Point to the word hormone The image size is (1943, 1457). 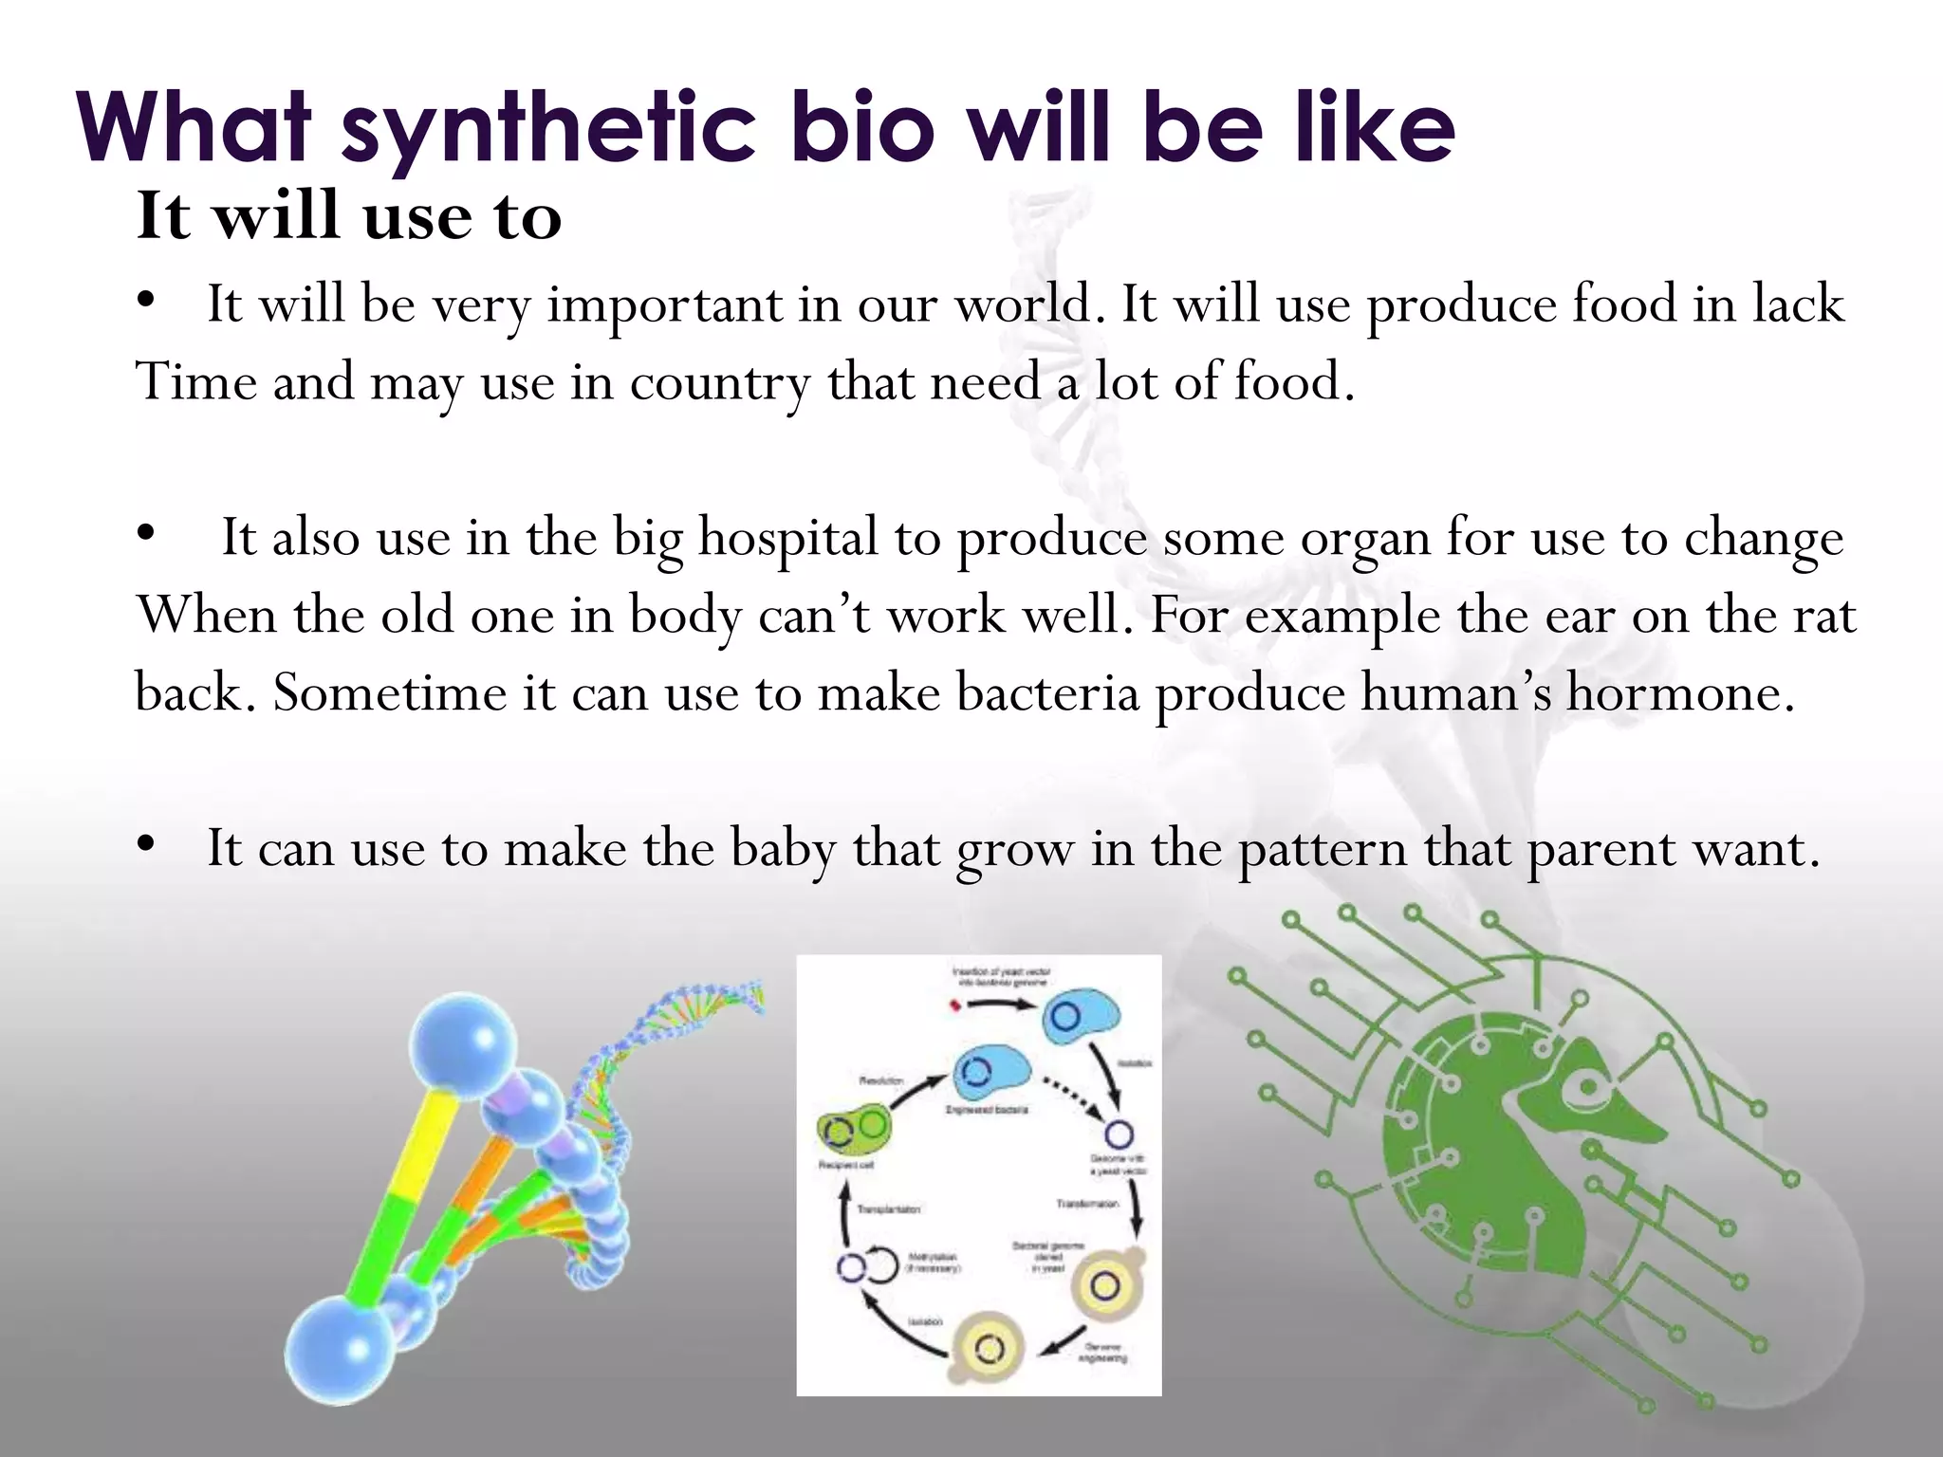(1679, 692)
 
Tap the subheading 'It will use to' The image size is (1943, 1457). (349, 216)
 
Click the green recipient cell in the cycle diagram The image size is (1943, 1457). (852, 1129)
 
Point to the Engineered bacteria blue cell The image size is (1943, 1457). (990, 1072)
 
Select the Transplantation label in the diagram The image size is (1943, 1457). (889, 1208)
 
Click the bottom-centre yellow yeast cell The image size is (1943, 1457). (987, 1348)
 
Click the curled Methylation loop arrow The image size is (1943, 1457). (881, 1264)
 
